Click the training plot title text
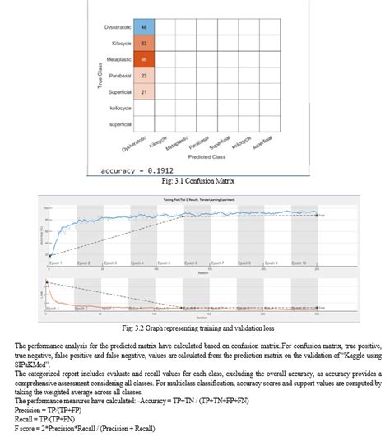point(183,199)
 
